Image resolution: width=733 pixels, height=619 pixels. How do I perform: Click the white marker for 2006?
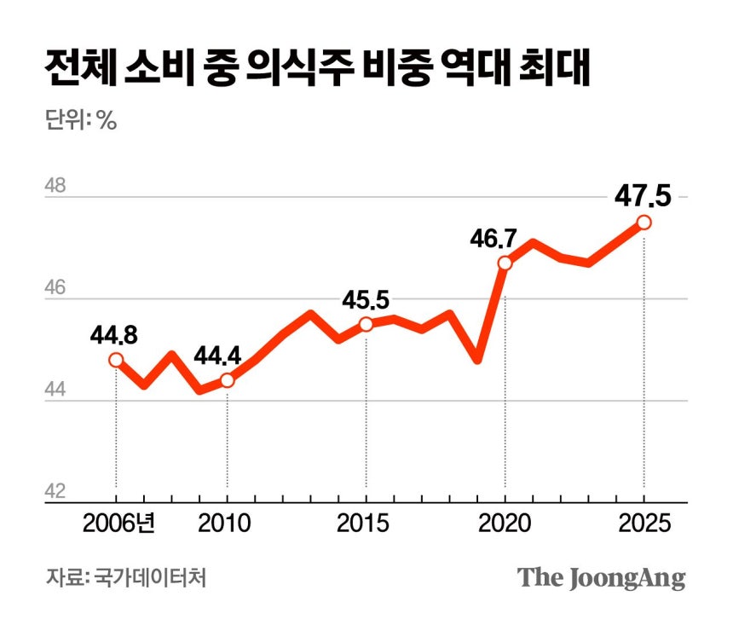[116, 360]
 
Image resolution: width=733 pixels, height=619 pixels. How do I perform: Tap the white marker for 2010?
[227, 380]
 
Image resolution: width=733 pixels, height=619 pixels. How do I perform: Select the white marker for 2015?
[366, 324]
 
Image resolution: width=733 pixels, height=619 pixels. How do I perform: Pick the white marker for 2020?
[505, 263]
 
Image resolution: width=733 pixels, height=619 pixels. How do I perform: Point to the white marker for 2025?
[644, 222]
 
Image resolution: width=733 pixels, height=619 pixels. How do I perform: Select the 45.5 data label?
[365, 299]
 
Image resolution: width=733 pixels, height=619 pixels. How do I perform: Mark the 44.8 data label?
[114, 333]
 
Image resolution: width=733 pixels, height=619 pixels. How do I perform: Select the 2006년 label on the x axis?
[118, 522]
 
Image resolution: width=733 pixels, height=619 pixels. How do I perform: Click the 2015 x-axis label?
[366, 522]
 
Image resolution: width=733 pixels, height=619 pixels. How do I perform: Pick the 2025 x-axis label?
[644, 522]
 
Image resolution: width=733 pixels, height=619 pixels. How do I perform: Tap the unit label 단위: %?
[80, 119]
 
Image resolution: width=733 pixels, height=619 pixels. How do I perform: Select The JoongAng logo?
[602, 577]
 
